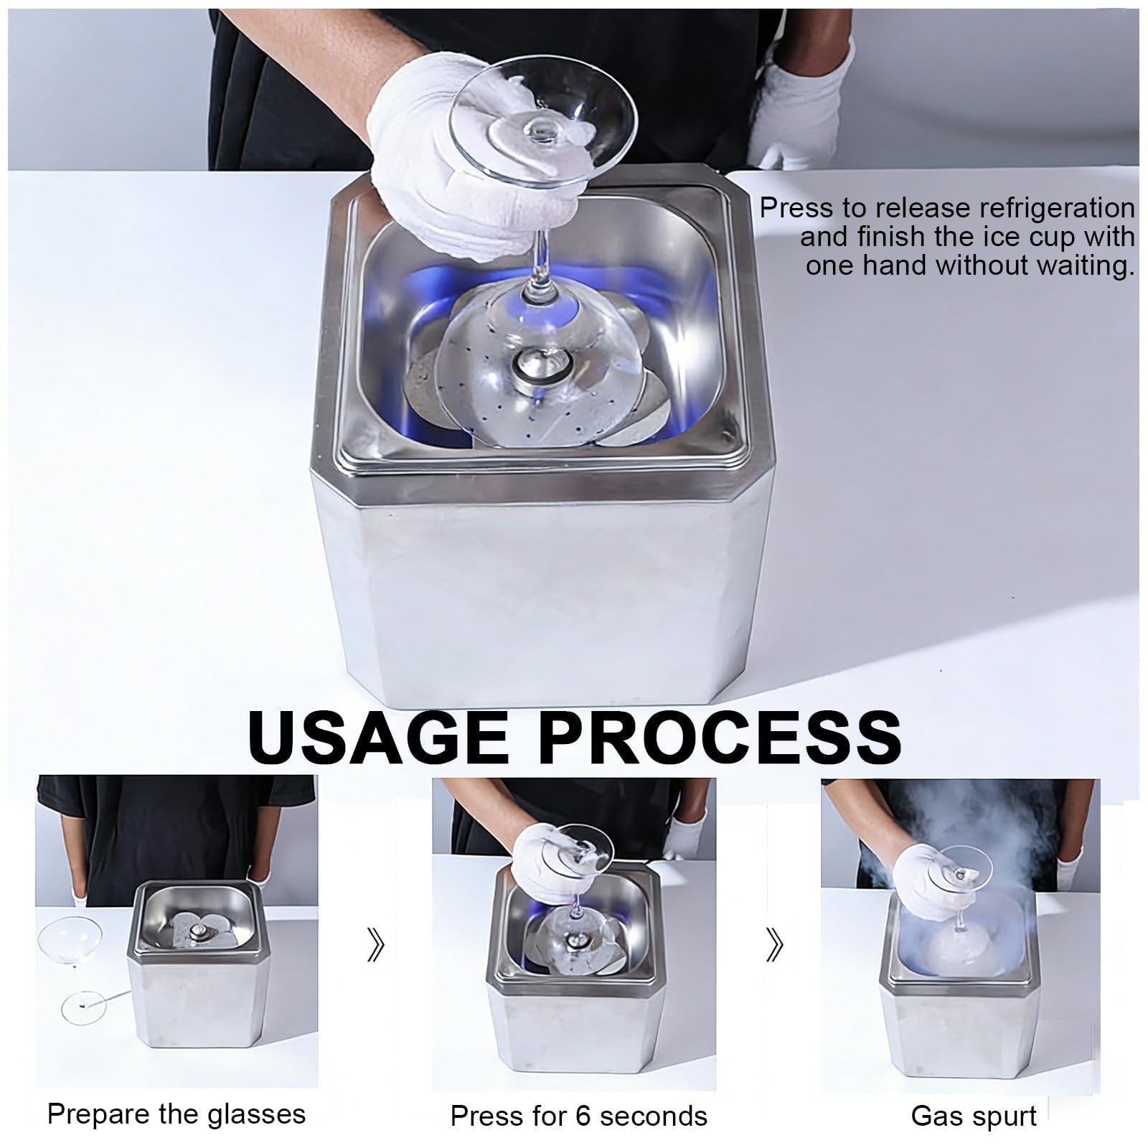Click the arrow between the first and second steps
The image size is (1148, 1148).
click(x=375, y=946)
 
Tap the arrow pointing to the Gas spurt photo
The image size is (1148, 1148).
click(x=774, y=946)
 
